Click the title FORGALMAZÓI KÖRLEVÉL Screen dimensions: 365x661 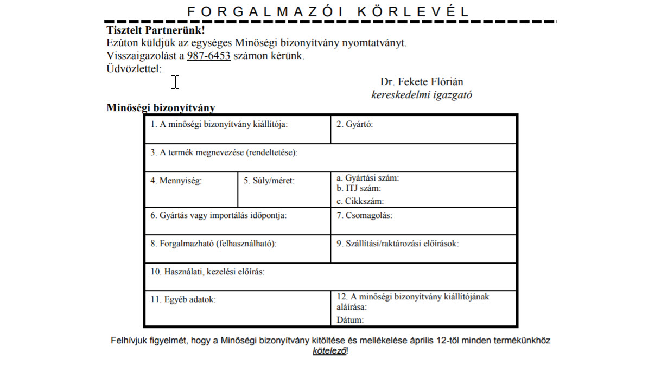(327, 11)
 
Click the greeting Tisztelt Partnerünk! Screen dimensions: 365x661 (156, 30)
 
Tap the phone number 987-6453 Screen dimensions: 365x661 (209, 56)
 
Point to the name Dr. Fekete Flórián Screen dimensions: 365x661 (422, 82)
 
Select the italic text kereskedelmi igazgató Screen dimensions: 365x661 (422, 94)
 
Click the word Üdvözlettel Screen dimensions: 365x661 (134, 68)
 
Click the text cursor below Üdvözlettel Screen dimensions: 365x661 (175, 82)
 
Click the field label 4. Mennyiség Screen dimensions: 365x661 (176, 181)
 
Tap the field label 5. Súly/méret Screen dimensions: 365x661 (269, 181)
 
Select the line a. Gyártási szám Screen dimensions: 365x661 (368, 178)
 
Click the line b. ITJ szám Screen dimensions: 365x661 (359, 189)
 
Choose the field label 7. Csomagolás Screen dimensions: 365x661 (364, 215)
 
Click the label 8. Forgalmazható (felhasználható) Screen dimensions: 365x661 (213, 244)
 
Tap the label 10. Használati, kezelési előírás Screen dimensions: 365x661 (207, 271)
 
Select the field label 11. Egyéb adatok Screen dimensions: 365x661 (183, 299)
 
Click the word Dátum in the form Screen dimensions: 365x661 (350, 320)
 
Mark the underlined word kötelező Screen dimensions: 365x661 (329, 351)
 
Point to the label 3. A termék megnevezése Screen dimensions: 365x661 (224, 152)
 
